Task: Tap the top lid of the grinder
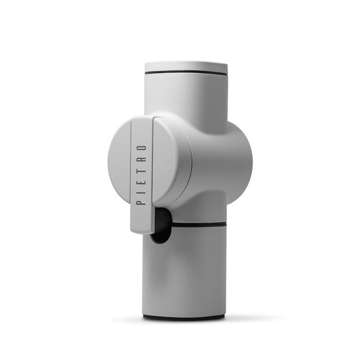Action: pos(186,66)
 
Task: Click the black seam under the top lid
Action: pos(186,73)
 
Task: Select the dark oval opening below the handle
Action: pos(160,226)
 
